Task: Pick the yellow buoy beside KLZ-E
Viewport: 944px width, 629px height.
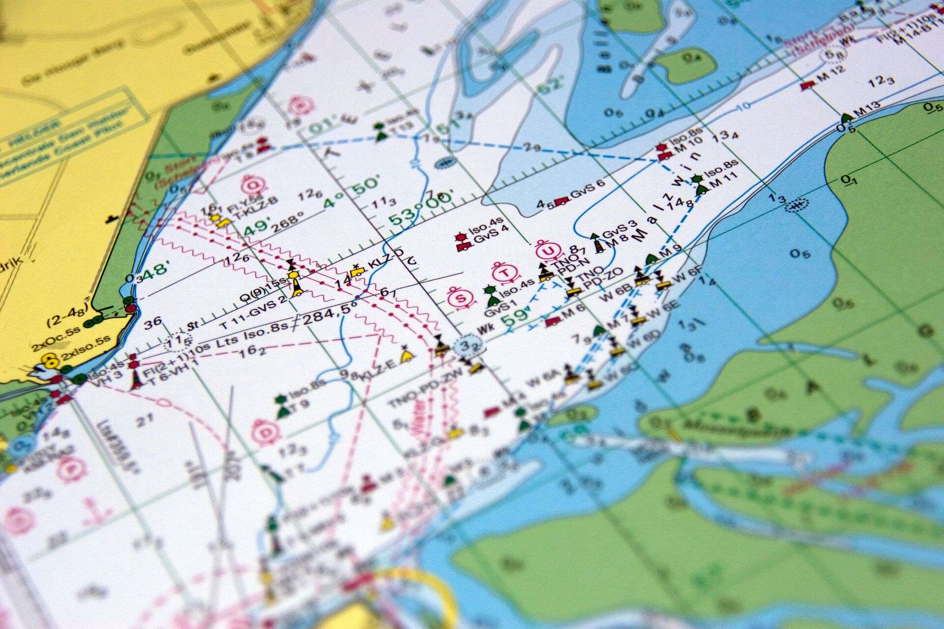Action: point(405,355)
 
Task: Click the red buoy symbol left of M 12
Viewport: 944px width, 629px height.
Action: point(805,85)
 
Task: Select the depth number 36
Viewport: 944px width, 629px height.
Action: point(154,323)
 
